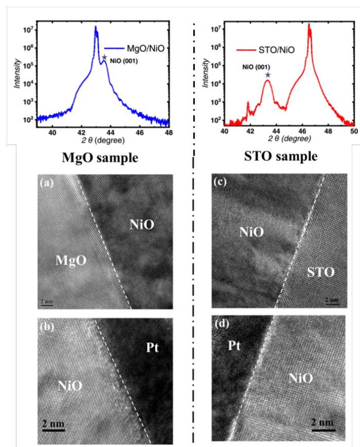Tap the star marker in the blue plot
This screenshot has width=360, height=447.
click(x=104, y=58)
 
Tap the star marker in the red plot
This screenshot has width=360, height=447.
click(x=267, y=75)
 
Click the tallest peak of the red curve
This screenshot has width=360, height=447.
click(x=309, y=24)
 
